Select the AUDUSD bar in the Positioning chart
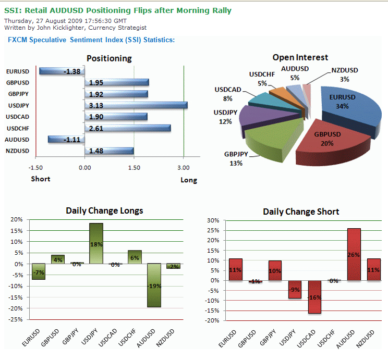click(x=66, y=139)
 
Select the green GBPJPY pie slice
click(x=266, y=141)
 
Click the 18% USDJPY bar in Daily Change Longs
click(x=96, y=243)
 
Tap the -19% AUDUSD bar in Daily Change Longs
click(x=153, y=285)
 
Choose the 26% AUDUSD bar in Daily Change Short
click(x=354, y=254)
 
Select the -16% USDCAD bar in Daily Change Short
click(x=315, y=297)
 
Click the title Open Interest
click(x=300, y=57)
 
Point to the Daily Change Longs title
click(x=104, y=210)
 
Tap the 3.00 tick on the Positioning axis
click(x=184, y=168)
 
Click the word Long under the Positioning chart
click(x=189, y=180)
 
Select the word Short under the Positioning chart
click(x=40, y=179)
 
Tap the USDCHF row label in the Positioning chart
click(x=18, y=128)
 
